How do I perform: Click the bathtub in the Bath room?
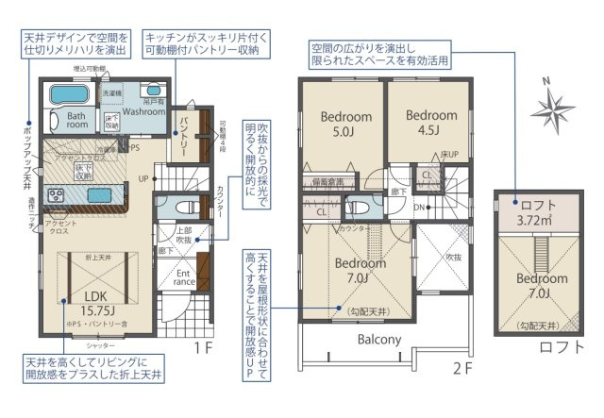(x=67, y=96)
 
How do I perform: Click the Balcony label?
(x=379, y=339)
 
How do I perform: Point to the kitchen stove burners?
(x=54, y=195)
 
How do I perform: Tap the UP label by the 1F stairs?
(x=143, y=177)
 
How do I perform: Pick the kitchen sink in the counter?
(x=97, y=195)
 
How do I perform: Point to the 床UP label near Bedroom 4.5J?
(x=449, y=153)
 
